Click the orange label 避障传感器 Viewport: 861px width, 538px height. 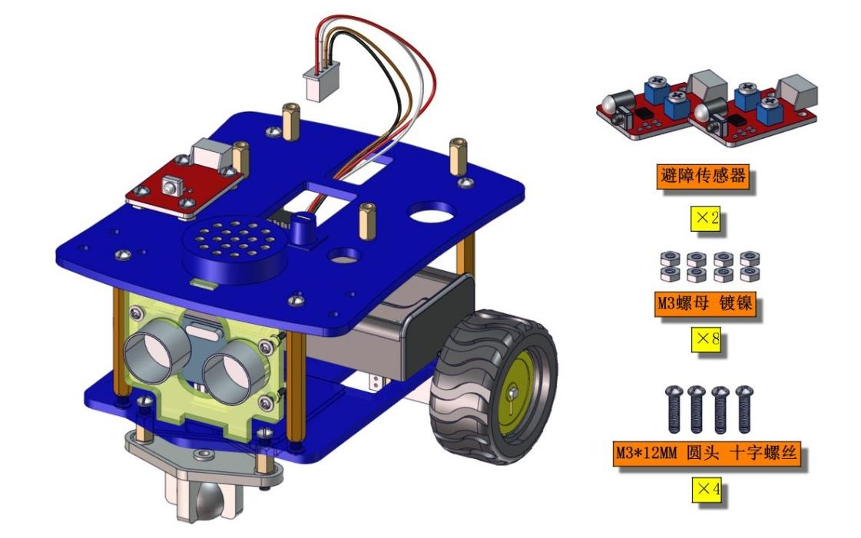point(702,176)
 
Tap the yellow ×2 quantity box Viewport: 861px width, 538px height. point(705,219)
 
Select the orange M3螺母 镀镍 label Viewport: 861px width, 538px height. point(705,303)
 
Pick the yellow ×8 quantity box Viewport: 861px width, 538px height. point(706,339)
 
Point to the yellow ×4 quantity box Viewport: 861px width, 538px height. point(707,488)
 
